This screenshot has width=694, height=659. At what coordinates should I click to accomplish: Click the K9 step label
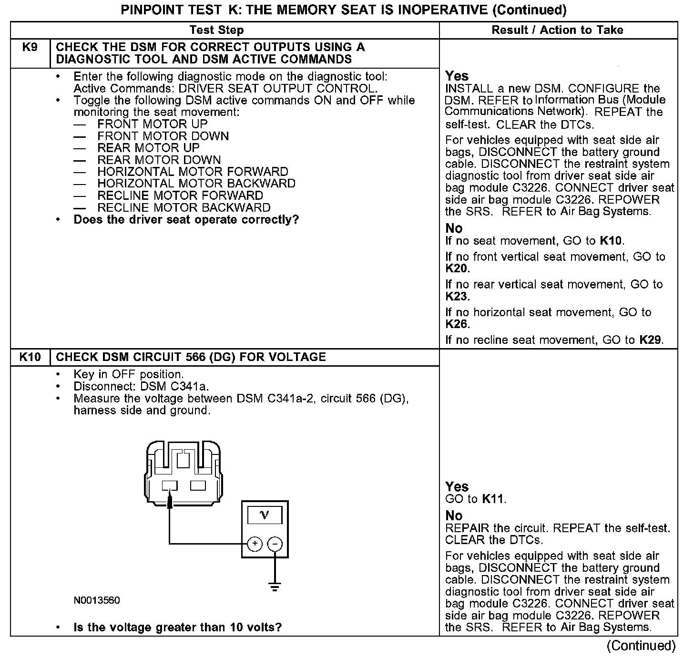point(30,47)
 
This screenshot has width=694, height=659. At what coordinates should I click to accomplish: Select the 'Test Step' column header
point(216,30)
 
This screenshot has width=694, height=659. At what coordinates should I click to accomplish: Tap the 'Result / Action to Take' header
point(557,30)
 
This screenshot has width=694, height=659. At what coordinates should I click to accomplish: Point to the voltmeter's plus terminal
point(255,544)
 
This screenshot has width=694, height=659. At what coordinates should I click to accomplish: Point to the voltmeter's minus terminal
point(275,544)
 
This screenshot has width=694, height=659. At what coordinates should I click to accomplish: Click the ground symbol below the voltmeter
point(275,586)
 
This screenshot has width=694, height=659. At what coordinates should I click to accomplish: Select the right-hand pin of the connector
point(198,485)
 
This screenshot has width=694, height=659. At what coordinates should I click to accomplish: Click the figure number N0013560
point(97,600)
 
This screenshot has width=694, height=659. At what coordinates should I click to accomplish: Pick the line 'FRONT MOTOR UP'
point(153,124)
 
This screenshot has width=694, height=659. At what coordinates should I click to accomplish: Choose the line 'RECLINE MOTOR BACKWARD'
point(184,208)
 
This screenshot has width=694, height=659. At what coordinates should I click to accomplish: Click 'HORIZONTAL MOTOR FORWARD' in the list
point(193,172)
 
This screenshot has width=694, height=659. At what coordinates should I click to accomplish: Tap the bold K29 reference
point(650,340)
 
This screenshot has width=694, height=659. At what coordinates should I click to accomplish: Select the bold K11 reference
point(493,499)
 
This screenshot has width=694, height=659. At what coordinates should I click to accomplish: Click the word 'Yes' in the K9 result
point(457,76)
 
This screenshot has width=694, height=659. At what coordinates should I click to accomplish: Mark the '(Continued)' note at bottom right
point(641,646)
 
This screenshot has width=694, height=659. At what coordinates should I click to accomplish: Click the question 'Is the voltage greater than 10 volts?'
point(177,627)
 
